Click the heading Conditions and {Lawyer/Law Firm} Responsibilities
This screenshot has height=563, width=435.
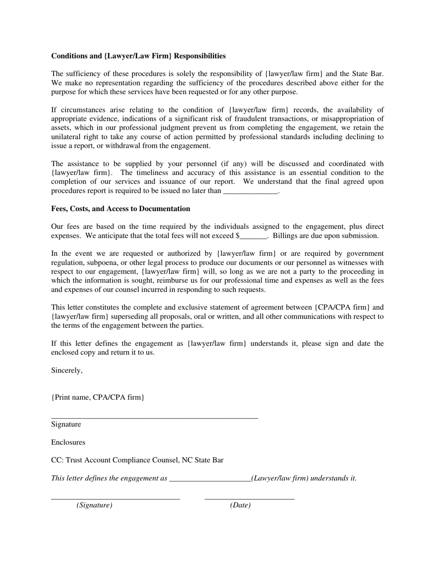[138, 56]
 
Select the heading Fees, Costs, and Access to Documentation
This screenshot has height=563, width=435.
[120, 209]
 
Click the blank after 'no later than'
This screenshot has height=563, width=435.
[250, 192]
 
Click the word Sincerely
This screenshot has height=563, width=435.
[67, 370]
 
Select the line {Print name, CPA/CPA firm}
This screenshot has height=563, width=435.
[98, 397]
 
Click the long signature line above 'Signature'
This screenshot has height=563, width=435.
[154, 417]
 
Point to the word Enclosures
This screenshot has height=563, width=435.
[68, 442]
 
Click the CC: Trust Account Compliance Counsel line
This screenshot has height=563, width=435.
[137, 460]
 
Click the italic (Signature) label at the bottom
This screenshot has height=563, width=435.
[94, 505]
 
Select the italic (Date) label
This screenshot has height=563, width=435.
[240, 505]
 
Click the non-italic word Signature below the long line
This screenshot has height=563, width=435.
[66, 424]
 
